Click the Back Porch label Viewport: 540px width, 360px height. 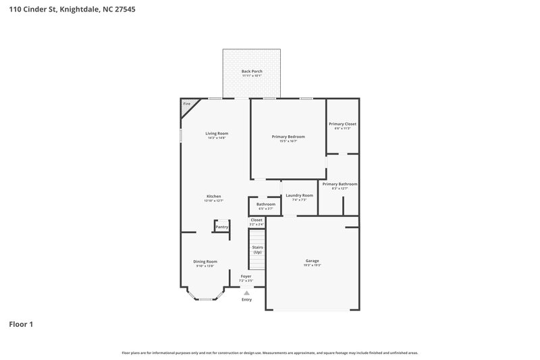click(x=252, y=71)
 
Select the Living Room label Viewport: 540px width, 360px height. click(x=217, y=133)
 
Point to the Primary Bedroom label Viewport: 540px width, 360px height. click(x=288, y=136)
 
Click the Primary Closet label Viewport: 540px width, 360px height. click(x=342, y=124)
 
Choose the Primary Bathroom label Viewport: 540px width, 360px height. click(x=340, y=184)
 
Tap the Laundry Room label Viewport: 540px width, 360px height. click(x=299, y=195)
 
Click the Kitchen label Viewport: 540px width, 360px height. click(x=213, y=196)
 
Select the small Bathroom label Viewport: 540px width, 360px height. click(x=265, y=204)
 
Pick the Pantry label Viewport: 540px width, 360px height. click(x=221, y=227)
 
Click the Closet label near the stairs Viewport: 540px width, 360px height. click(x=256, y=220)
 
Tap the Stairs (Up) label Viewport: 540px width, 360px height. click(x=257, y=249)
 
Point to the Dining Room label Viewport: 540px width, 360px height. click(x=206, y=261)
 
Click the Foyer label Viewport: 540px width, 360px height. click(x=246, y=276)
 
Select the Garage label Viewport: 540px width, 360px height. click(x=312, y=261)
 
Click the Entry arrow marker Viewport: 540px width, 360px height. click(x=246, y=292)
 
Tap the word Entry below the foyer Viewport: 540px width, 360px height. click(x=246, y=299)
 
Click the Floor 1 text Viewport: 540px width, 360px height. click(x=21, y=324)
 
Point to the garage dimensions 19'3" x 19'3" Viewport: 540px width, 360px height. click(x=312, y=265)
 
